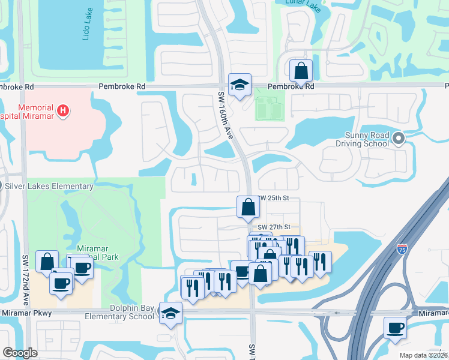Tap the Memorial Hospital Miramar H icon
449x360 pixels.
point(63,110)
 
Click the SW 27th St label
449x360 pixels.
point(274,227)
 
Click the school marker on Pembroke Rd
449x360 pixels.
point(240,85)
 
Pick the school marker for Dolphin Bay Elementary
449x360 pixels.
point(171,313)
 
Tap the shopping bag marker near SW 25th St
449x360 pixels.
point(248,208)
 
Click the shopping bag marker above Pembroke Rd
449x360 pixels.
point(301,71)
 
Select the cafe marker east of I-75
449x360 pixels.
point(395,328)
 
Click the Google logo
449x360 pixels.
point(20,353)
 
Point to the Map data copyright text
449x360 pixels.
point(423,355)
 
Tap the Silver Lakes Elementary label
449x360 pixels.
point(50,187)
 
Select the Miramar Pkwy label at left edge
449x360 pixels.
point(26,313)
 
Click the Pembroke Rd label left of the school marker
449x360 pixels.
point(122,86)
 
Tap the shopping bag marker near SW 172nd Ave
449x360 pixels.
point(47,262)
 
